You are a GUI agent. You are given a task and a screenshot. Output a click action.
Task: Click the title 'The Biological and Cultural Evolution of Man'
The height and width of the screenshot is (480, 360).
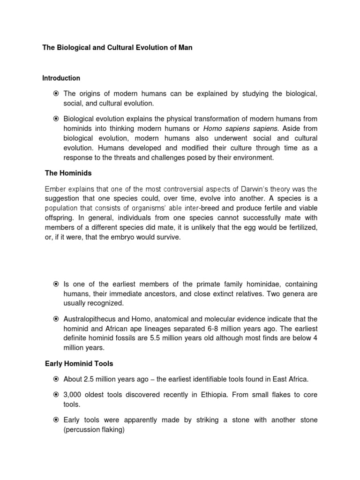[117, 48]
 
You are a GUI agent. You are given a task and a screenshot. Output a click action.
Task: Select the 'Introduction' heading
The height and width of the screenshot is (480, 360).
[61, 78]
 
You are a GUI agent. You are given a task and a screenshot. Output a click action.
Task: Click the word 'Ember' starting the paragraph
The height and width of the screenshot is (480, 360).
[55, 189]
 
